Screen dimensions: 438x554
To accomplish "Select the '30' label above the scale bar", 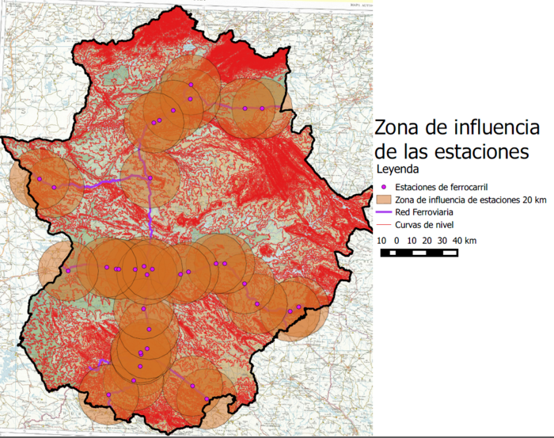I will [x=428, y=240].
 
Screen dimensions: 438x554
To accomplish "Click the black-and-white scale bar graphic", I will [x=420, y=253].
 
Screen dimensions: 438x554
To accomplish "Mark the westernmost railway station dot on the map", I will [x=39, y=179].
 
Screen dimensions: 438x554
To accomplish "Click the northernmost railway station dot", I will [x=191, y=84].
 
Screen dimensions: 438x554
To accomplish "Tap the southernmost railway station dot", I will [x=207, y=398].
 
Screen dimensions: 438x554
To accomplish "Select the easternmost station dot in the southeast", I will [x=298, y=307].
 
